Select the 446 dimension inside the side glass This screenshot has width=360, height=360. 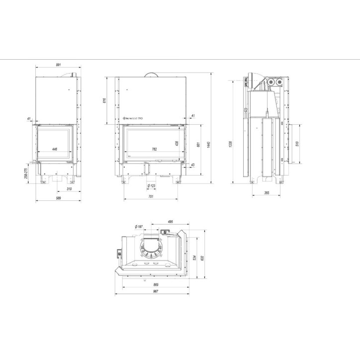pos(55,149)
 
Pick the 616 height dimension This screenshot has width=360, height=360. pos(104,101)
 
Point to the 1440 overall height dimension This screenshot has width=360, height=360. pos(209,144)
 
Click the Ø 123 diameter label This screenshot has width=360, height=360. pos(151,186)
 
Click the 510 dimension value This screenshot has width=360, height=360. pos(297,143)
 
